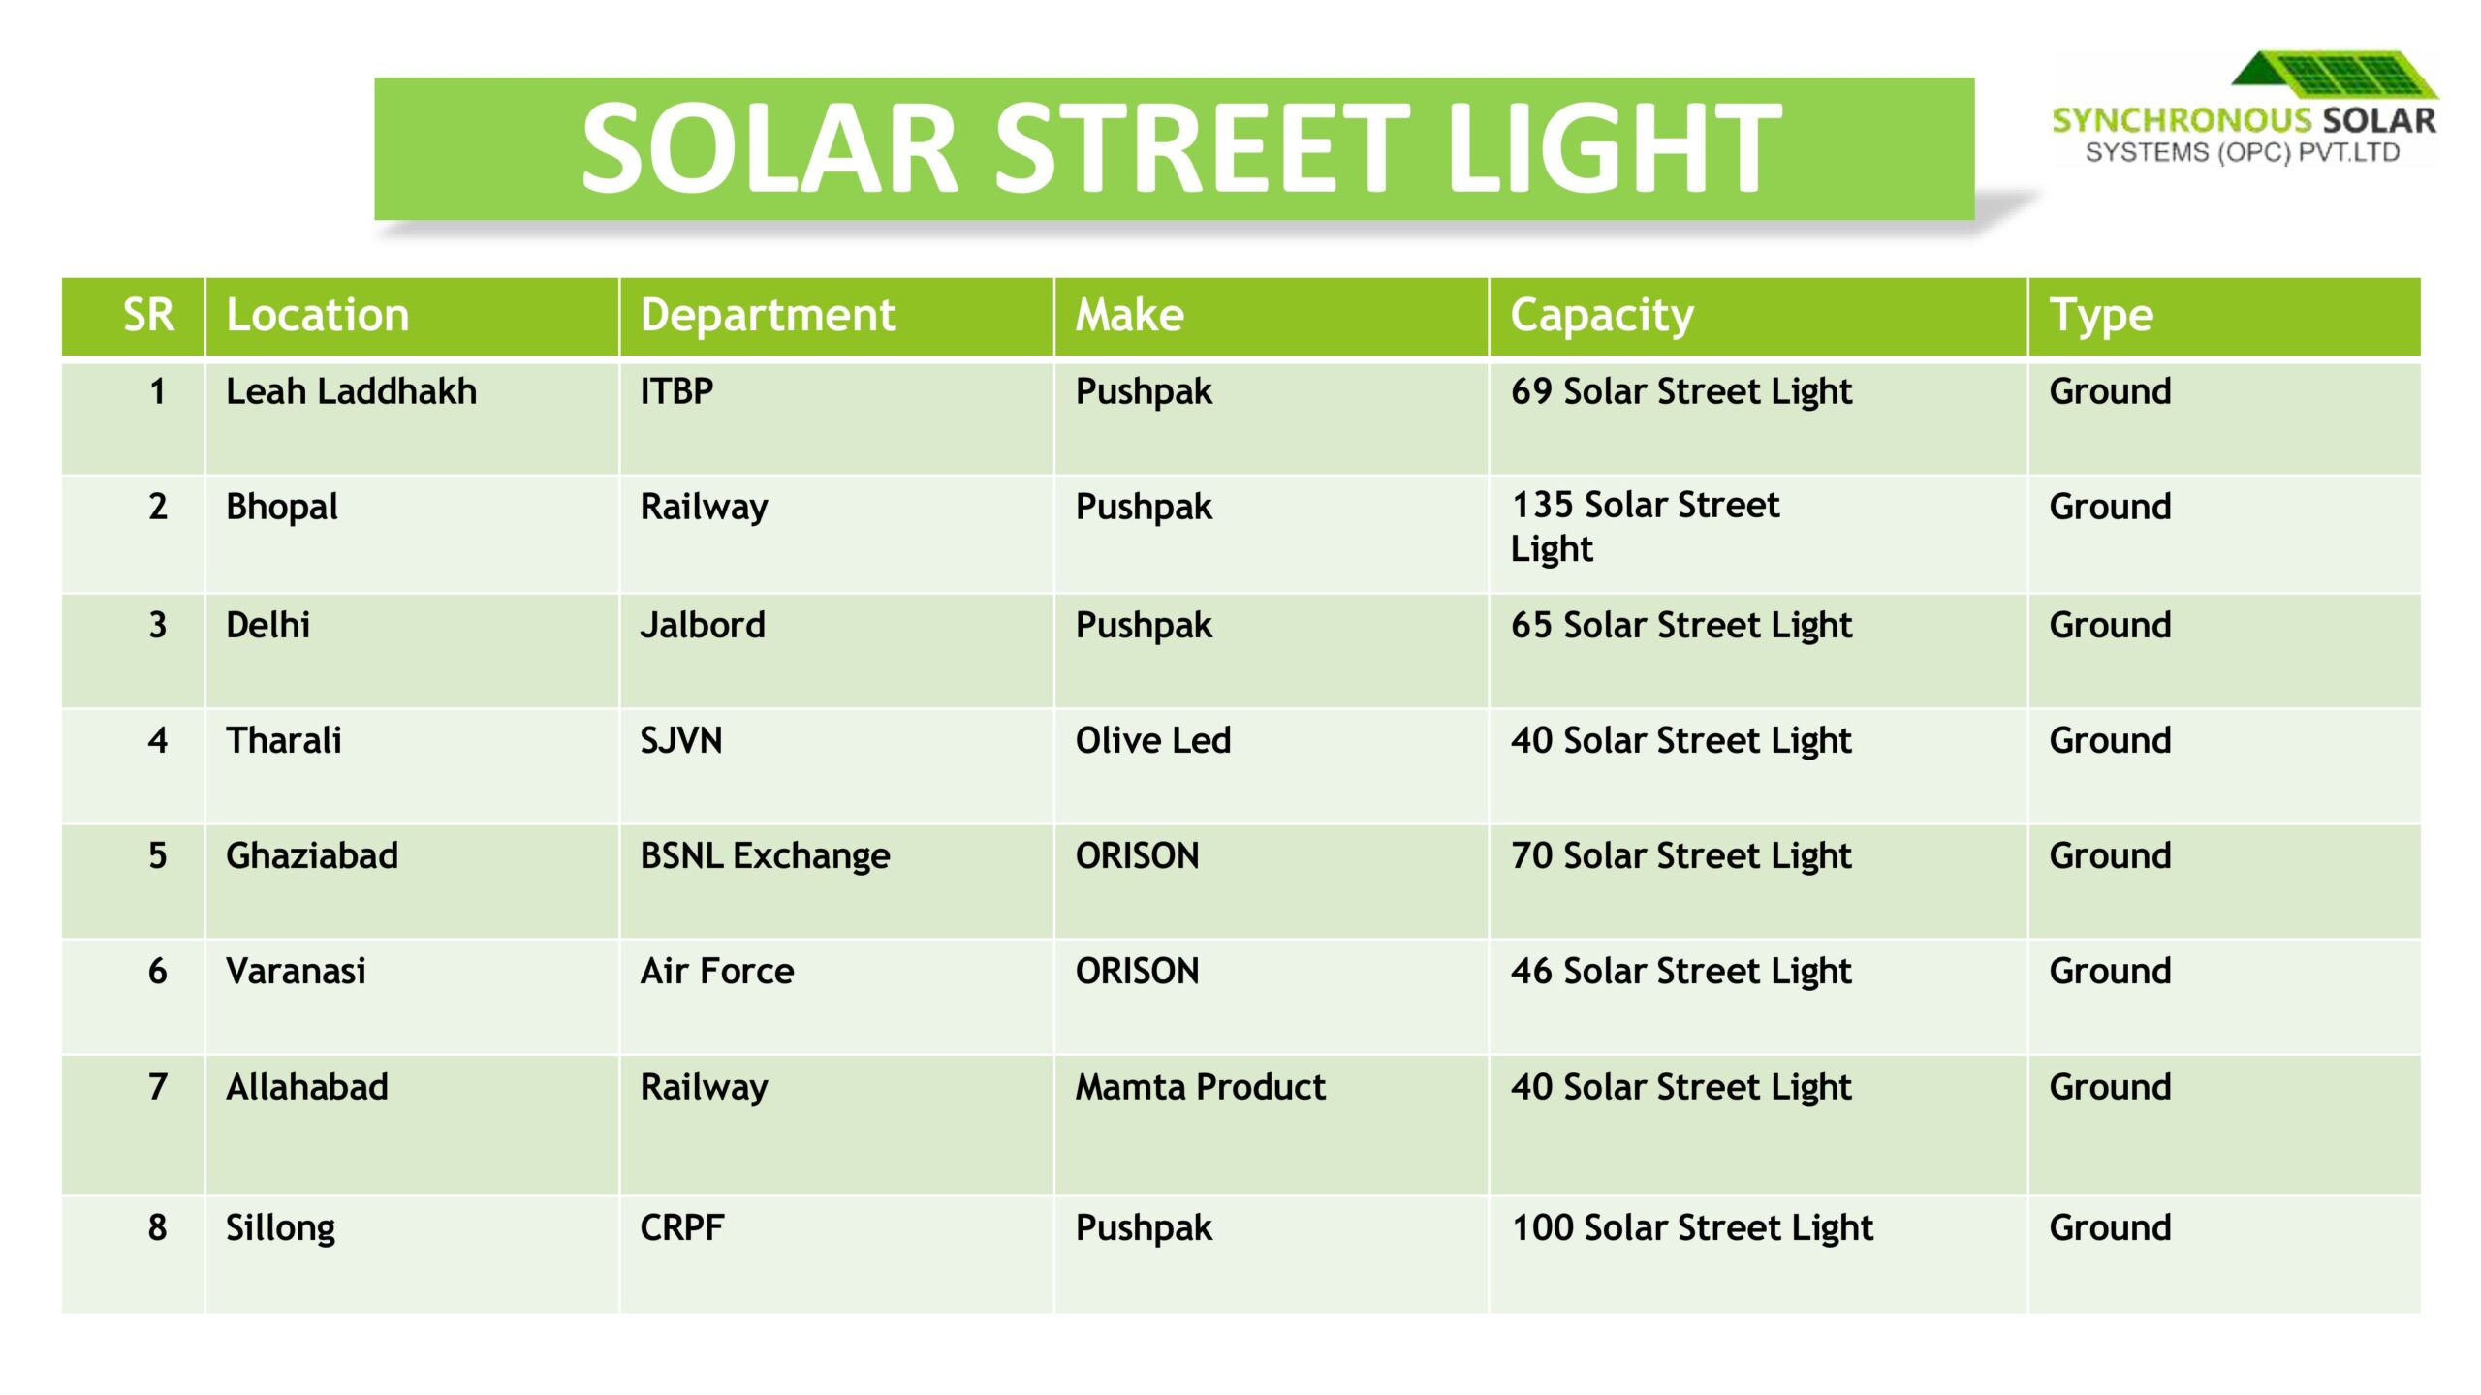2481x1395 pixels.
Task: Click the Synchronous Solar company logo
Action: tap(2243, 108)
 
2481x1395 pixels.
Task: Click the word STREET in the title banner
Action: tap(1202, 148)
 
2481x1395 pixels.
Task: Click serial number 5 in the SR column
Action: tap(157, 855)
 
